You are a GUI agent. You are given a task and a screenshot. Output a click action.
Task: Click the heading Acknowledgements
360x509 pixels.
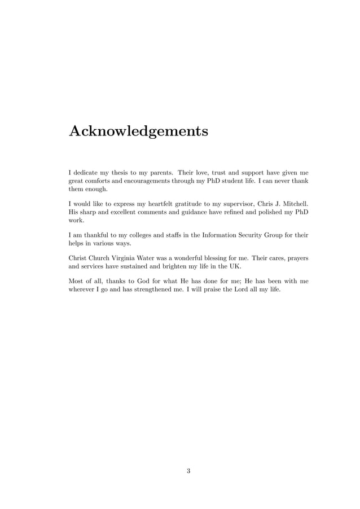point(138,131)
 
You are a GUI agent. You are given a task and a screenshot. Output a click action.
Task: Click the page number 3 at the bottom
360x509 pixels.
point(188,471)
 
